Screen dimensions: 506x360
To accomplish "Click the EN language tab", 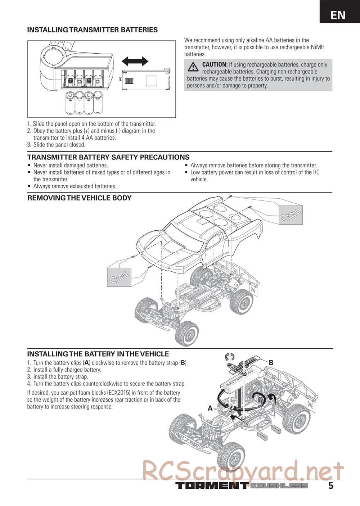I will coord(338,15).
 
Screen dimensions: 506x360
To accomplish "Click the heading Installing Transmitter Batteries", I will coord(92,30).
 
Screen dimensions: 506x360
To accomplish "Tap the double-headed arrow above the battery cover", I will coord(135,61).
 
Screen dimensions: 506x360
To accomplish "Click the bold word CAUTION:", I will coord(215,64).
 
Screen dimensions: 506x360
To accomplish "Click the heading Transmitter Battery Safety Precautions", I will coord(108,157).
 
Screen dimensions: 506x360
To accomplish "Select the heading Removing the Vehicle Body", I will coord(80,198).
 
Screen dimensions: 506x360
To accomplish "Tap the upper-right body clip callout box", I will coord(291,215).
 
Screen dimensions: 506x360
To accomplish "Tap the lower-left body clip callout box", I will coord(119,277).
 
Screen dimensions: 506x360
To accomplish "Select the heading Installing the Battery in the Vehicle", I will coord(98,354).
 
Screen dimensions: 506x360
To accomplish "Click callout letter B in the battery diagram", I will coord(271,363).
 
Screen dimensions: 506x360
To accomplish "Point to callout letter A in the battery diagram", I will coord(210,408).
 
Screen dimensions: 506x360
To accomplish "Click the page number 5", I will coord(330,486).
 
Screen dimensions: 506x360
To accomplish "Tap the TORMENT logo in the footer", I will coord(211,486).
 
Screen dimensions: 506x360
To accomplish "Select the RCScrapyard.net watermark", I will coord(243,470).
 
